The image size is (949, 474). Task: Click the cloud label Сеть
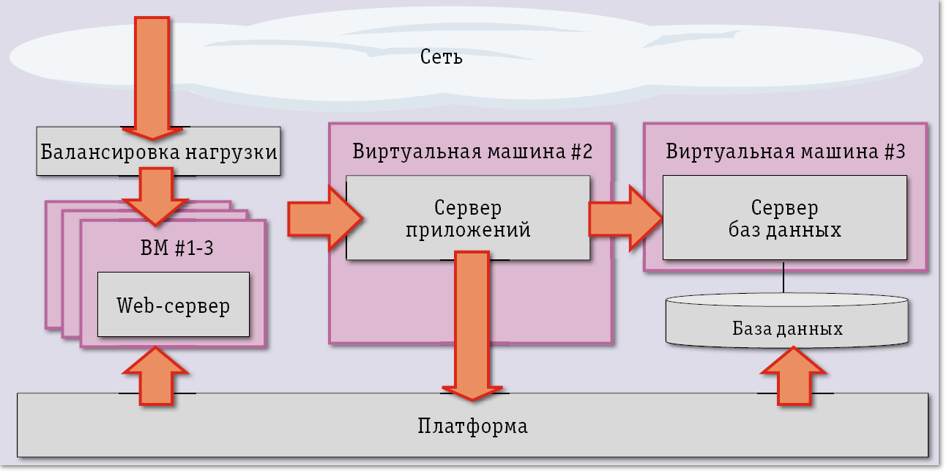pos(442,57)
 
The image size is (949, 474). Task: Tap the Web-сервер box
pos(174,305)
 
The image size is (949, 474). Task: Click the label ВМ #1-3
pos(176,248)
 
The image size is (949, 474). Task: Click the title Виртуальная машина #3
pos(786,152)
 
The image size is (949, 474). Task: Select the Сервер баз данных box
pos(784,218)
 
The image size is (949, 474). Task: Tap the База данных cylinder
pos(787,328)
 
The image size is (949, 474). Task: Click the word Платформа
pos(472,426)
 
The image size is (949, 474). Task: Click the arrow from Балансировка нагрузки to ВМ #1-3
pos(153,194)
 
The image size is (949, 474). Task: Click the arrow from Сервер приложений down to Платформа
pos(471,322)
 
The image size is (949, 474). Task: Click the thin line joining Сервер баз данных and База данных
pos(784,277)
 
